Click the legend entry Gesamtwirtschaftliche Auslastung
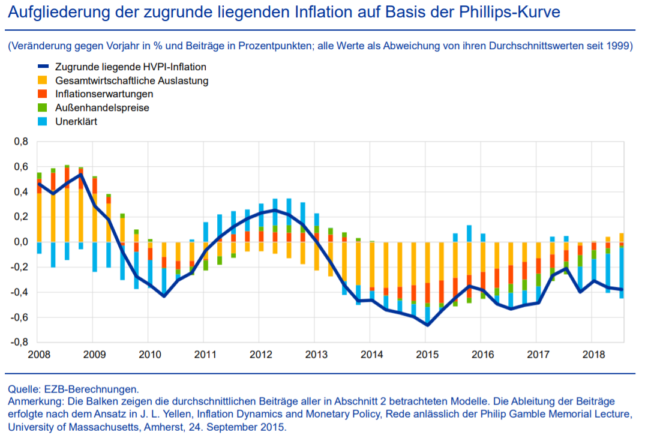tap(131, 80)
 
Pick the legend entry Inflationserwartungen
tap(104, 94)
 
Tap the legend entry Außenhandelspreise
tap(102, 108)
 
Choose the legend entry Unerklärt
tap(76, 121)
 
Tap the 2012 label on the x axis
tap(259, 355)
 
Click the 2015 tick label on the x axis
tap(426, 355)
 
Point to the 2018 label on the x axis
tap(593, 355)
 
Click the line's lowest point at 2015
tap(427, 325)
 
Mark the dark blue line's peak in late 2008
tap(80, 175)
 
